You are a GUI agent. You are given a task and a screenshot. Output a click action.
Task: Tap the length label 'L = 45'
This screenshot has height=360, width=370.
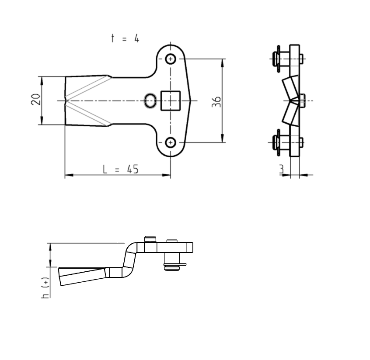coord(121,169)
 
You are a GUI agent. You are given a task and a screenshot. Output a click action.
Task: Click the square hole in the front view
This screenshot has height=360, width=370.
coord(171,100)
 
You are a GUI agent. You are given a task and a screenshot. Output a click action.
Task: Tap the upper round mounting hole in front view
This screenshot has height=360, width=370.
coord(171,59)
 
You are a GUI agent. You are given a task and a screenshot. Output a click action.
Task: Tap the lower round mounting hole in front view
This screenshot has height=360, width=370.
coord(171,142)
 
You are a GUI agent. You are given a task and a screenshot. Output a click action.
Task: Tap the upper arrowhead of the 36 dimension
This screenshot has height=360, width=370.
coord(223,62)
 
